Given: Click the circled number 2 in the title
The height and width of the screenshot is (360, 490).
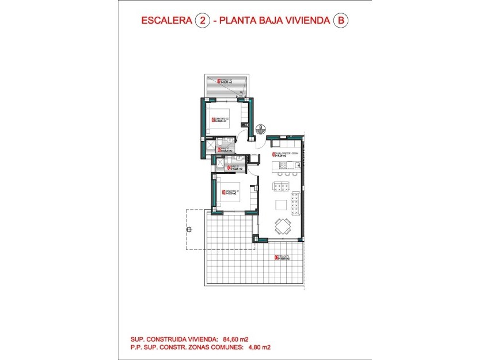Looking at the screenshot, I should pos(202,21).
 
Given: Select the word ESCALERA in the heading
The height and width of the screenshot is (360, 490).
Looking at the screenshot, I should pos(166,21).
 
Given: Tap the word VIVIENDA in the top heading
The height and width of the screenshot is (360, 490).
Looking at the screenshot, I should pos(304,21).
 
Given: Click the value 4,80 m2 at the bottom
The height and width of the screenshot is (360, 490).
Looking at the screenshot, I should pos(259,347).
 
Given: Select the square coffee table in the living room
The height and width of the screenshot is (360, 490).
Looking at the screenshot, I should pos(280,204).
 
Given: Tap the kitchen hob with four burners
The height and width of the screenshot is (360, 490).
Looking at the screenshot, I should pos(283,165).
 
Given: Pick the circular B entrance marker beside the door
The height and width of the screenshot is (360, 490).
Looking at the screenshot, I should pos(260,128).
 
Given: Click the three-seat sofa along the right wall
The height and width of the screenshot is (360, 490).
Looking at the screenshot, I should pos(296,203).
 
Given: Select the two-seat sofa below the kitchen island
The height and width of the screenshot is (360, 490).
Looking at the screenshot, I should pos(281,185).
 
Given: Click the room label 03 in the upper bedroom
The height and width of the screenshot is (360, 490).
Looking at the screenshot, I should pos(214,120).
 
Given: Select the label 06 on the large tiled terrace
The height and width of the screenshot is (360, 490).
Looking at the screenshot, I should pos(275,257).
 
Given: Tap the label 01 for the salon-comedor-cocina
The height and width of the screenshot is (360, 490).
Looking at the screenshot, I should pos(272,154).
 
